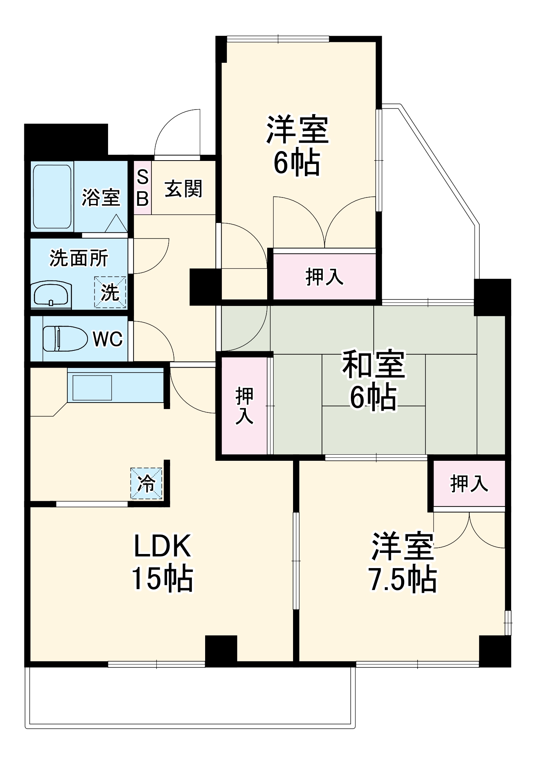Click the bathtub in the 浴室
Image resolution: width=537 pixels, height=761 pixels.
click(52, 196)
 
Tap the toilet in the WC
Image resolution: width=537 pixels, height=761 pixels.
click(65, 338)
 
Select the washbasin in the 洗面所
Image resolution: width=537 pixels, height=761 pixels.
click(51, 294)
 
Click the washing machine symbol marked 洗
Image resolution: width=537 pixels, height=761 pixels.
click(110, 292)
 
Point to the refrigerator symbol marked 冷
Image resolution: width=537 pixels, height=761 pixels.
click(146, 483)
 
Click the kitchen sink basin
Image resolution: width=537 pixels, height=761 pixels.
click(92, 388)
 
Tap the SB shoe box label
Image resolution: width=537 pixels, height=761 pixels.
click(142, 188)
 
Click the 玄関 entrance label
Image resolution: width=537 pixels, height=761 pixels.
click(183, 189)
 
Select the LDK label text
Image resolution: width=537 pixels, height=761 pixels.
click(162, 546)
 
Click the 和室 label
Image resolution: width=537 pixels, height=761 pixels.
click(374, 365)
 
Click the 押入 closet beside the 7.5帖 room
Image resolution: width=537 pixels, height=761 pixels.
click(469, 484)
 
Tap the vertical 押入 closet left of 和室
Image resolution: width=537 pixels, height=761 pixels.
click(244, 406)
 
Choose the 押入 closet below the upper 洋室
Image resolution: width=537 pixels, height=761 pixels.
click(325, 276)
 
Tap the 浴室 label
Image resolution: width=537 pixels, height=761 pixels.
click(101, 197)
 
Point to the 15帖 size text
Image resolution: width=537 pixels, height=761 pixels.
click(162, 579)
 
